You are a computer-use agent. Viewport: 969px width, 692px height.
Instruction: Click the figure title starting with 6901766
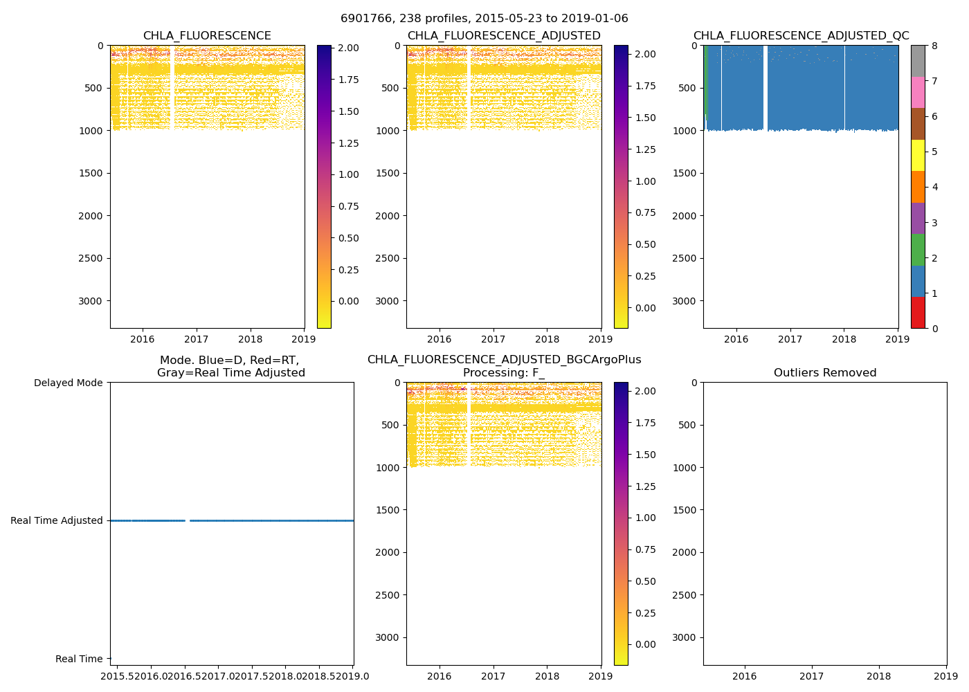484,19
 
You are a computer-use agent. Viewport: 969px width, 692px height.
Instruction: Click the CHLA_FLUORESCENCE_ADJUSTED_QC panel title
801,36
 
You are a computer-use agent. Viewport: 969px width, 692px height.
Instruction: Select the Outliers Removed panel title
825,373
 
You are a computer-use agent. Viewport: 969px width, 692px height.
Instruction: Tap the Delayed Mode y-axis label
68,383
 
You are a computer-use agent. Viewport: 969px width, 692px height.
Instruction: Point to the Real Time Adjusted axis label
57,520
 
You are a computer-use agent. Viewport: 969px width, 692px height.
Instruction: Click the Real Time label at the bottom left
79,659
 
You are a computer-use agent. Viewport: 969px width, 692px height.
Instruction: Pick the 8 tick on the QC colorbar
935,46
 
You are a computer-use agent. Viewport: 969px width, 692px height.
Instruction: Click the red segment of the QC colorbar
918,313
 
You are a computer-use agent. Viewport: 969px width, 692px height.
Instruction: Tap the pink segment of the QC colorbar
918,92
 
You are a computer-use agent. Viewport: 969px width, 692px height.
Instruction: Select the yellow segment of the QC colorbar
918,155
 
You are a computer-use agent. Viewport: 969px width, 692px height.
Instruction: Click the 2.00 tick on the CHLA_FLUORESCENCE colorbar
348,48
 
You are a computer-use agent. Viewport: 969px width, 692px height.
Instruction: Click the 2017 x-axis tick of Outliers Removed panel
812,676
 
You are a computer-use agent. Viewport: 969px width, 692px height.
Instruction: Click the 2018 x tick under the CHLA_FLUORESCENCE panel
251,339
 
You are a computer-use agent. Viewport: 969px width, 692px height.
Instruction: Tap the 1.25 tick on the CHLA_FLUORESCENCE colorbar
348,143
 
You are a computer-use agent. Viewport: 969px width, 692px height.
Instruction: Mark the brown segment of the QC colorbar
918,124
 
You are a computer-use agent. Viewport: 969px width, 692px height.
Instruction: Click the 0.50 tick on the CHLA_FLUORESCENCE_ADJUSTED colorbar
645,244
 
